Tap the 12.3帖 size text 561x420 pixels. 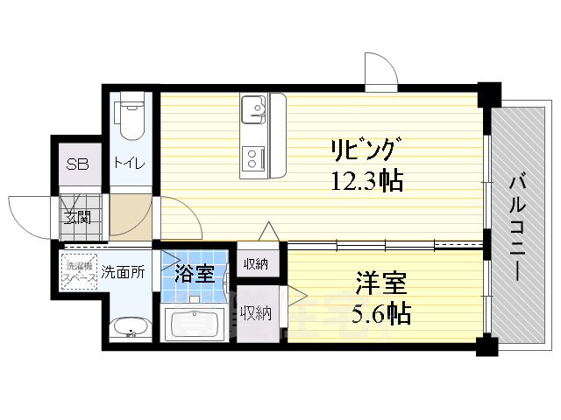click(x=366, y=182)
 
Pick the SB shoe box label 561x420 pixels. click(x=77, y=164)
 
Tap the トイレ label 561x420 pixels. click(x=129, y=164)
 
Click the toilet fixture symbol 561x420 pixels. click(x=131, y=120)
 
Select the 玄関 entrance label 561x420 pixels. click(x=77, y=216)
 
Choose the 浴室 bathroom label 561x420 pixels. click(x=194, y=273)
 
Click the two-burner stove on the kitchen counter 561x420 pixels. click(x=255, y=157)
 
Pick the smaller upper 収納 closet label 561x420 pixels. click(x=257, y=263)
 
